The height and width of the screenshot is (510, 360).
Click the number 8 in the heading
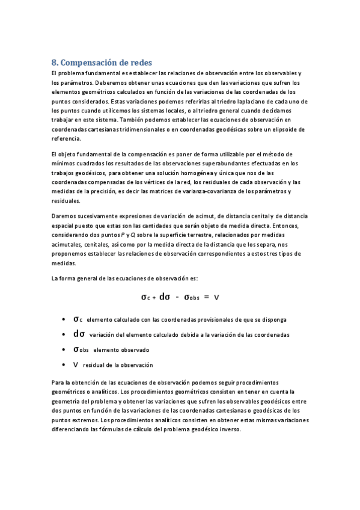click(54, 62)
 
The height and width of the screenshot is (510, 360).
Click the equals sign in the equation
click(206, 297)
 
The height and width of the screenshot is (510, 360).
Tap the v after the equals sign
click(216, 297)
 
